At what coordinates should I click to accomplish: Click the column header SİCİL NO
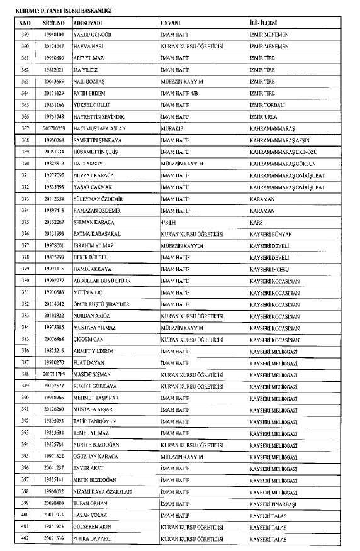51,22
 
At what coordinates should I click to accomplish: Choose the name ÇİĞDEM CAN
89,339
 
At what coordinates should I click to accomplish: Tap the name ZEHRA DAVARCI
94,538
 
